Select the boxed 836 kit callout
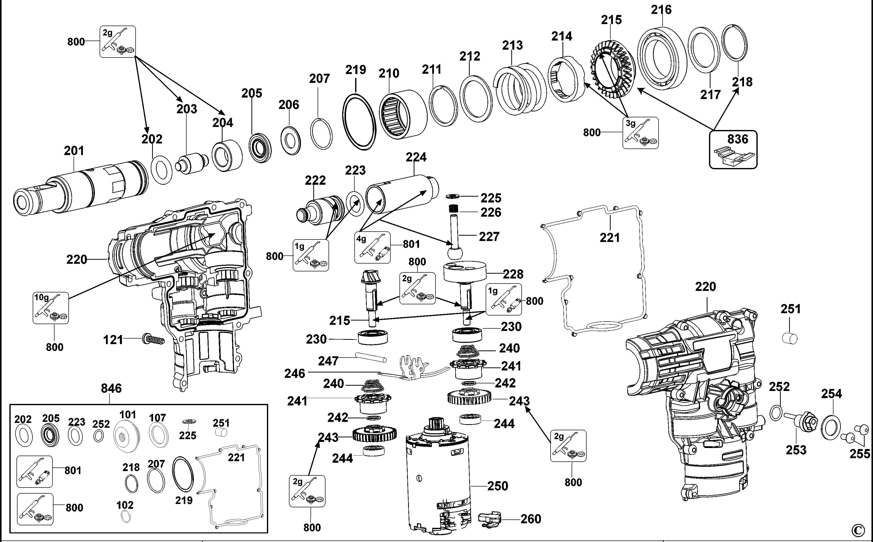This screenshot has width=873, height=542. pos(733,149)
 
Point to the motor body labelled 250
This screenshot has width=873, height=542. pos(438,480)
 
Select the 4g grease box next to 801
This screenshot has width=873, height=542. pos(372,247)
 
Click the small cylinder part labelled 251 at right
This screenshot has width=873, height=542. pos(789,338)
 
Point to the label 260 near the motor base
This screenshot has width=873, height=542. pos(531,519)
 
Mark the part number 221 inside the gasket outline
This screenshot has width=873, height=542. pos(609,237)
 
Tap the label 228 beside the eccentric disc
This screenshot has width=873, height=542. pos(513,274)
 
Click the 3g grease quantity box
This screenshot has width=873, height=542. pos(640,133)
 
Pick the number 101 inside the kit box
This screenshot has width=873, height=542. pos(128,415)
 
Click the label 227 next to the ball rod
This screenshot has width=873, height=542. pos(489,237)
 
